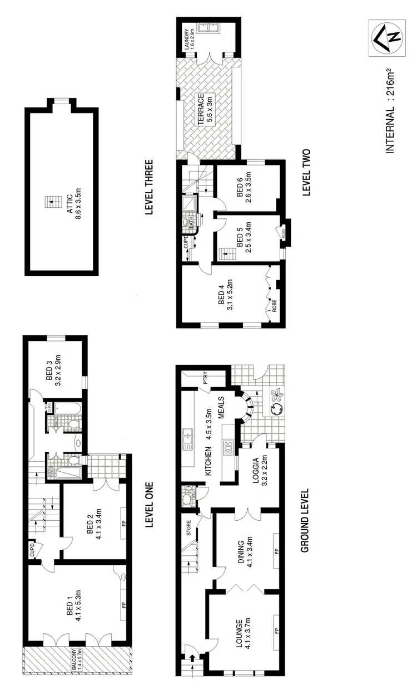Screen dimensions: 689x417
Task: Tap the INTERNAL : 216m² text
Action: coord(390,111)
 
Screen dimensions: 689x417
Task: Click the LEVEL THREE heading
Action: coord(148,188)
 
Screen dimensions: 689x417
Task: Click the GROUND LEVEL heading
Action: coord(305,521)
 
